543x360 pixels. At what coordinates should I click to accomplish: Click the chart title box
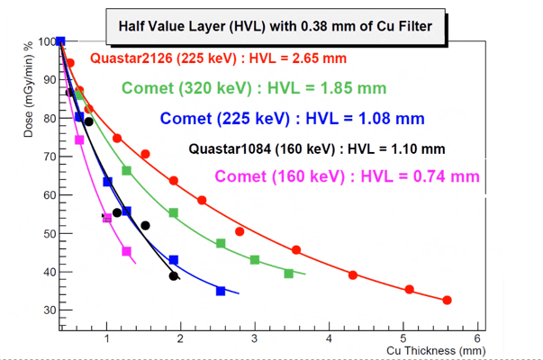click(280, 25)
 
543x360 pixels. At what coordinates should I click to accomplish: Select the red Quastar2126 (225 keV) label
click(219, 59)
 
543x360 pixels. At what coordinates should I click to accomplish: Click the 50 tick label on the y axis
click(45, 234)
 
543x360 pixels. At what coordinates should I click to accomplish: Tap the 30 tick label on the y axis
click(45, 310)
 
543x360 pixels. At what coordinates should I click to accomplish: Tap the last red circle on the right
click(448, 301)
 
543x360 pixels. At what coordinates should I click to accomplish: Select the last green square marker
click(289, 274)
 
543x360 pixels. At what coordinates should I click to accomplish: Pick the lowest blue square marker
click(221, 291)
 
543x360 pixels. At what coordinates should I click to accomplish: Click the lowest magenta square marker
click(126, 252)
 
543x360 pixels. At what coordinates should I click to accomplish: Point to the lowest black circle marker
click(173, 276)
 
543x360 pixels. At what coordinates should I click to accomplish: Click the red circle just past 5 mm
click(410, 290)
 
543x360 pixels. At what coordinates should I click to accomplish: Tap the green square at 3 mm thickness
click(255, 260)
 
